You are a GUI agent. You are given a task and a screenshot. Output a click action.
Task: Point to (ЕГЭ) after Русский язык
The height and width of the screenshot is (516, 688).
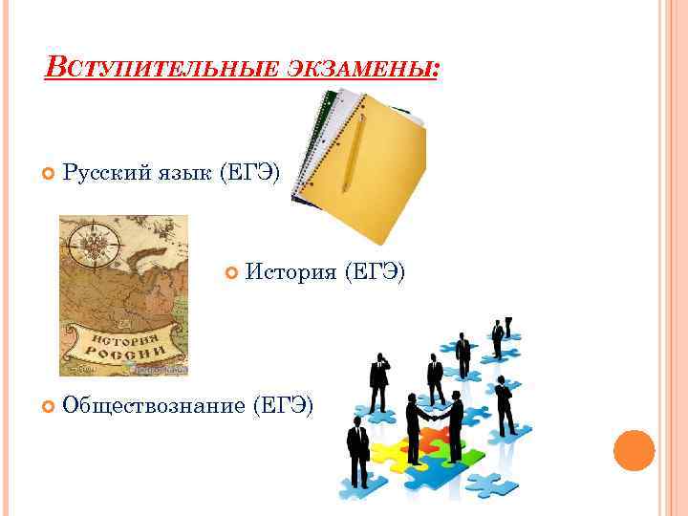(249, 173)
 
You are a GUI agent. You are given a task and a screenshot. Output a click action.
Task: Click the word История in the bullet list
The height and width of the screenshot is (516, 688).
(289, 274)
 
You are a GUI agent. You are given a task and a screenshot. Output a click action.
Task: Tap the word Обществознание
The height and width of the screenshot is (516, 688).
(152, 405)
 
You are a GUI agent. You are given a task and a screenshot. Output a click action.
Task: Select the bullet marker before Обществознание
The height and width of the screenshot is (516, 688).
(50, 406)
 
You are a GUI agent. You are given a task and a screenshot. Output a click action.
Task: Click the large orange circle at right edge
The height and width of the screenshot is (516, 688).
(633, 450)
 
